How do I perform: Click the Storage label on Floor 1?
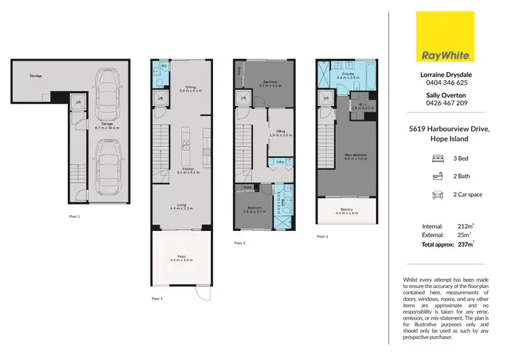[x=35, y=76]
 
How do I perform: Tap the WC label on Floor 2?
[x=164, y=66]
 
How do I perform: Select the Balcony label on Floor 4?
[x=346, y=209]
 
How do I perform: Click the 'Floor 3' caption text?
[x=240, y=242]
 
